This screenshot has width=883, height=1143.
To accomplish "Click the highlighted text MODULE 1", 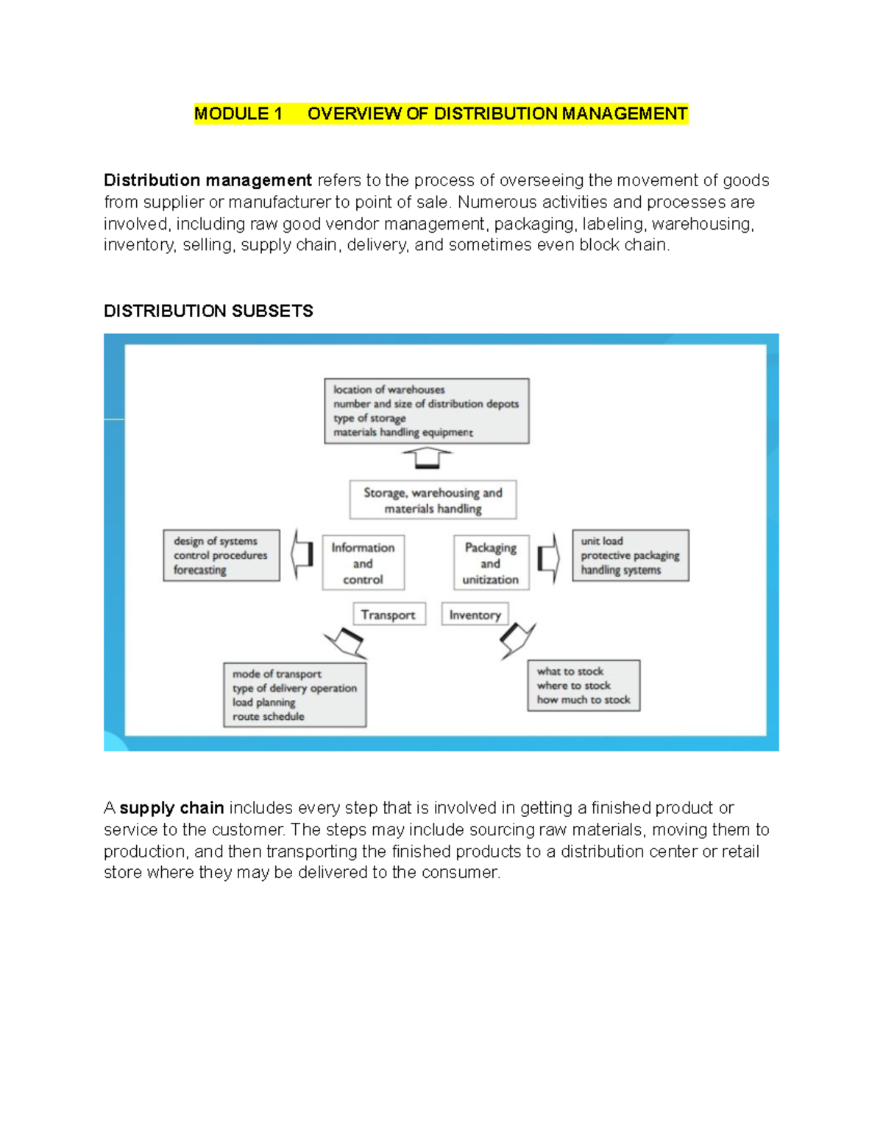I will [238, 114].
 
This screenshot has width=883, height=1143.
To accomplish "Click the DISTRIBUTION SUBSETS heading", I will [208, 311].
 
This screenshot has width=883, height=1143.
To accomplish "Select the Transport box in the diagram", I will [389, 615].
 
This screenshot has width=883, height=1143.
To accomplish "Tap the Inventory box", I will [475, 615].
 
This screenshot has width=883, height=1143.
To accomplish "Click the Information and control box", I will [363, 563].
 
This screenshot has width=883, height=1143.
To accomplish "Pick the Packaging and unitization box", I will [491, 563].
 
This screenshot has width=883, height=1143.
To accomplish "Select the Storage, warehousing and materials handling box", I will [433, 500].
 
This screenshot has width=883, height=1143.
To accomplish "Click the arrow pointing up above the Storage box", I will [427, 459].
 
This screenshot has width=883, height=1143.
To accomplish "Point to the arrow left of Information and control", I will [302, 554].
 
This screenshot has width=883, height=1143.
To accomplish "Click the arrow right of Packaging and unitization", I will [549, 557].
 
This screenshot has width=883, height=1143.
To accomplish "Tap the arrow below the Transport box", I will [346, 642].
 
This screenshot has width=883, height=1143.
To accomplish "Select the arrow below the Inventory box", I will [517, 639].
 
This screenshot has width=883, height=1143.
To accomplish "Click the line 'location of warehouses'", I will [389, 390].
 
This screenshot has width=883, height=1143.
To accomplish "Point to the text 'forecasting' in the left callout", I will [200, 570].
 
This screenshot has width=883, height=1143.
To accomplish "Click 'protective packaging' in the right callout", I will [630, 556].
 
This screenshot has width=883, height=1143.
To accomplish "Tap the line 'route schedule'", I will [269, 717].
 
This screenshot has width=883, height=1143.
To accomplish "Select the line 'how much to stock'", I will [584, 700].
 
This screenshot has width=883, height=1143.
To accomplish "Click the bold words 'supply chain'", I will [171, 808].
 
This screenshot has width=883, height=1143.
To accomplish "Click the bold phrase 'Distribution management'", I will [208, 181].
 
